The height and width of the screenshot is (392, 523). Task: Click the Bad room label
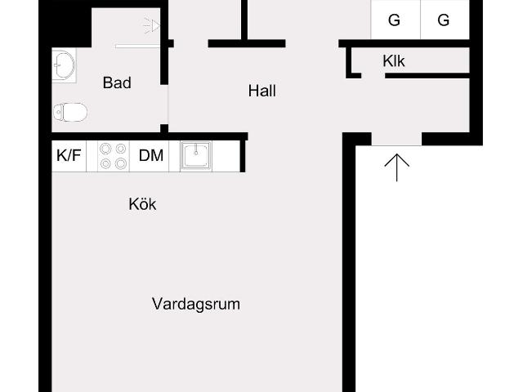click(117, 82)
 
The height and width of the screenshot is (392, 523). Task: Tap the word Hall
click(261, 91)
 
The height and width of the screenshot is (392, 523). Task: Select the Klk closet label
click(394, 60)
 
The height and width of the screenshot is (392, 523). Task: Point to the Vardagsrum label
click(196, 304)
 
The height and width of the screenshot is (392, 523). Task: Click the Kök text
click(142, 204)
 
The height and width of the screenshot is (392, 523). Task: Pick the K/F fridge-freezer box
click(69, 155)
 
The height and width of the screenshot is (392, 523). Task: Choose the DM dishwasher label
click(150, 155)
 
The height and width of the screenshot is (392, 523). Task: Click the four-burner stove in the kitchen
click(113, 155)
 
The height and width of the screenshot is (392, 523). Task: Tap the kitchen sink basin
click(196, 154)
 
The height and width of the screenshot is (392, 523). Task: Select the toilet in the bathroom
click(69, 111)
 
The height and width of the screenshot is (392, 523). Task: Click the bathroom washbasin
click(62, 65)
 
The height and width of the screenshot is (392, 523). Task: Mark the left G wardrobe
click(395, 20)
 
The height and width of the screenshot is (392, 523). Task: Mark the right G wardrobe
click(444, 20)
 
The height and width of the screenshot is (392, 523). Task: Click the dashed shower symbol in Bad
click(151, 26)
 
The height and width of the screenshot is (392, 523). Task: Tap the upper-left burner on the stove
click(105, 148)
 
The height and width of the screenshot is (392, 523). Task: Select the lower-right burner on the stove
click(121, 163)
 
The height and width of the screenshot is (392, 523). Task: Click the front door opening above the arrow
click(396, 139)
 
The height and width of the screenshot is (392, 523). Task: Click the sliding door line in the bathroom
click(139, 46)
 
